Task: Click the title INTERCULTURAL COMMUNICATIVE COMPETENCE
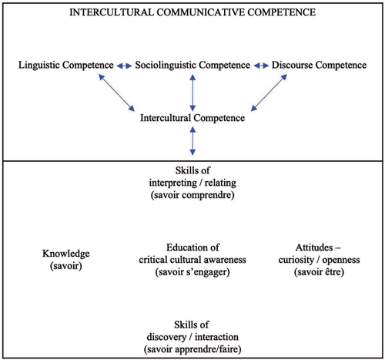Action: (192, 12)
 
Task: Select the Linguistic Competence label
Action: (66, 65)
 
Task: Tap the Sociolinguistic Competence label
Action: (192, 65)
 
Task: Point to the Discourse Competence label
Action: (319, 65)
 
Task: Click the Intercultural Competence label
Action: (192, 118)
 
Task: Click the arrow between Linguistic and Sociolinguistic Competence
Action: (125, 66)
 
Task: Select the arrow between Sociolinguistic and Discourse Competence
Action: (261, 66)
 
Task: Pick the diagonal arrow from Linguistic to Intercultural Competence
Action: (116, 93)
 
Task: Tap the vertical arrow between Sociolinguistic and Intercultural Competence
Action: (192, 93)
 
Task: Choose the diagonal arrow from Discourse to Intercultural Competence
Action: (269, 93)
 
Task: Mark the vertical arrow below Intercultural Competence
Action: (192, 141)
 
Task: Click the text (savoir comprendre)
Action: (192, 195)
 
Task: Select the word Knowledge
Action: (66, 254)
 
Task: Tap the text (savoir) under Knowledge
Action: (66, 266)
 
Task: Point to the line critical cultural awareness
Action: (192, 260)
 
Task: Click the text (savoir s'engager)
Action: (192, 272)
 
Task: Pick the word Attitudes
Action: (314, 247)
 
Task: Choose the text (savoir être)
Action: (319, 272)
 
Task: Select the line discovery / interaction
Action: (192, 337)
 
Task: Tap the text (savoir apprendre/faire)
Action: (192, 349)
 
